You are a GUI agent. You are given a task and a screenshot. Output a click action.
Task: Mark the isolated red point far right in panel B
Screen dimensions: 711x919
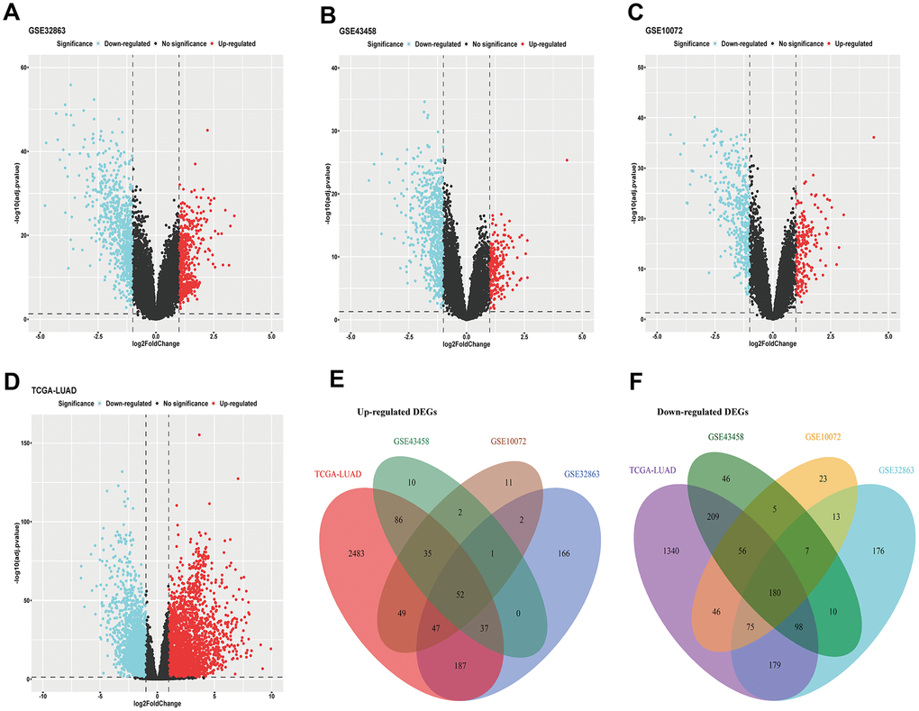[x=567, y=160]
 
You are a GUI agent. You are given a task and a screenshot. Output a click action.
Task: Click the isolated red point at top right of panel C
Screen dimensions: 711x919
[x=873, y=137]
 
